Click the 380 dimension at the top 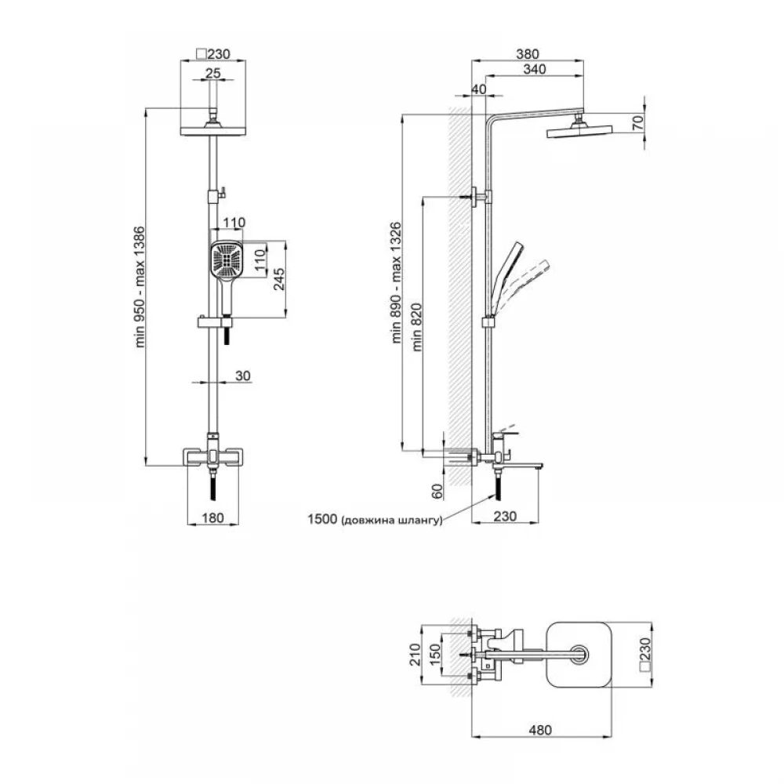[528, 53]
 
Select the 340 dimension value [535, 69]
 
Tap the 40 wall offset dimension [478, 89]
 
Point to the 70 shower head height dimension [637, 122]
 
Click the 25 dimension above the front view [213, 73]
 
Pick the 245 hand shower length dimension [279, 279]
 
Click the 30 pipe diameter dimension [242, 376]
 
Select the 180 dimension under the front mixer [212, 517]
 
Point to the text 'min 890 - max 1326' [396, 282]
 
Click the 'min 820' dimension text [416, 327]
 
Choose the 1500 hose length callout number [322, 519]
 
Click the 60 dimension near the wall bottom [437, 491]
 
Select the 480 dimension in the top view [540, 730]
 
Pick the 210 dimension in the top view [415, 655]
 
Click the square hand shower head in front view [227, 260]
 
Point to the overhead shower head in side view [580, 131]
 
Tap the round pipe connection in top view [580, 655]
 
